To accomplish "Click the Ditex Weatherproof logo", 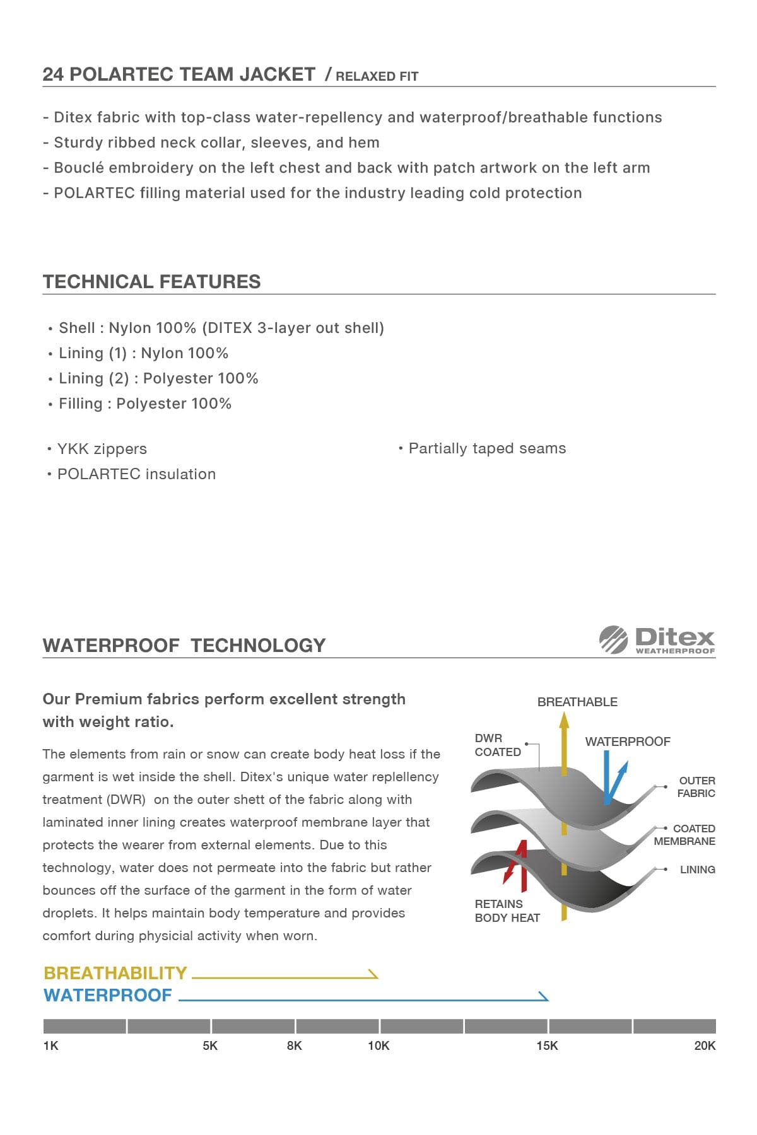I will click(657, 640).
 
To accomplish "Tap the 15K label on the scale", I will click(547, 1045).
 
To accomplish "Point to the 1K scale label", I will click(50, 1045).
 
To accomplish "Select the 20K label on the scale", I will click(705, 1045).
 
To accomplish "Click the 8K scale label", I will click(294, 1045).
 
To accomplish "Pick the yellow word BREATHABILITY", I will click(115, 973).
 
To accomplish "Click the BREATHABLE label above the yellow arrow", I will click(577, 702).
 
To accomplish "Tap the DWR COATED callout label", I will click(497, 745).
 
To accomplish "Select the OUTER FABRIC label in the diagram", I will click(696, 787).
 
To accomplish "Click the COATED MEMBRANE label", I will click(685, 835).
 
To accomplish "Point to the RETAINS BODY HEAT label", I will click(507, 911).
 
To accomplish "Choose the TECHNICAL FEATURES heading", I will click(151, 282).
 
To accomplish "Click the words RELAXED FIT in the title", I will click(377, 76).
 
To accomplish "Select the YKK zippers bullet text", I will click(102, 449).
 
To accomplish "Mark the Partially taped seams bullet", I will click(487, 448).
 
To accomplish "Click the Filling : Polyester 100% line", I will click(144, 404).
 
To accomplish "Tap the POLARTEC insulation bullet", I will click(136, 474).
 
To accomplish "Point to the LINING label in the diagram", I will click(697, 870).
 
